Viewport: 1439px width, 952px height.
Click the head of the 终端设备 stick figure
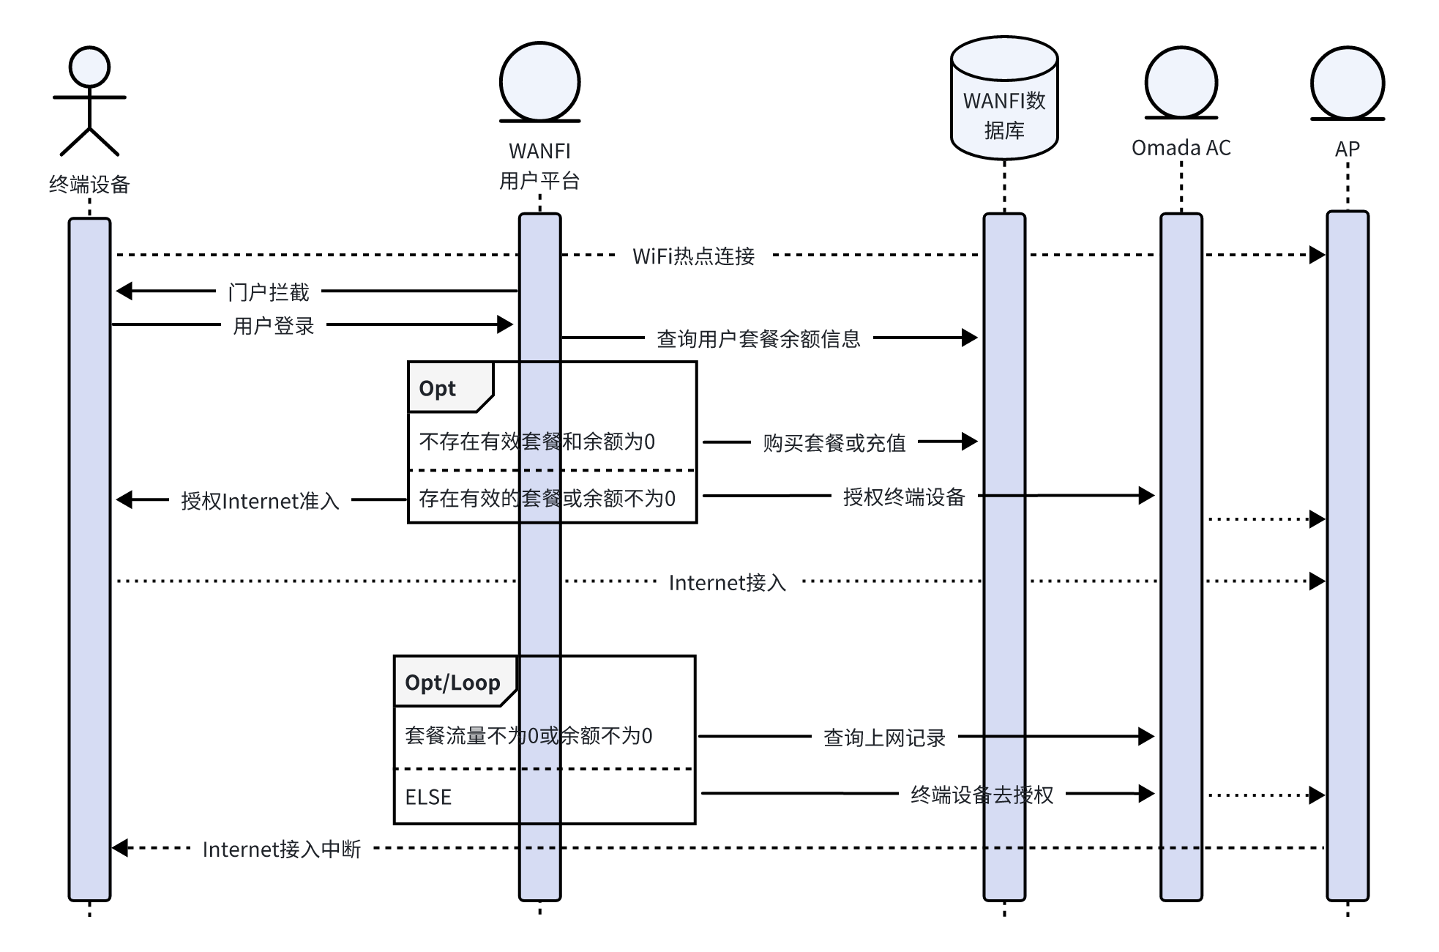[x=89, y=67]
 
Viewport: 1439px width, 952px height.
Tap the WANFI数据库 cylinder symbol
[x=1003, y=99]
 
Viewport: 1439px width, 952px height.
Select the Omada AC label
[x=1181, y=148]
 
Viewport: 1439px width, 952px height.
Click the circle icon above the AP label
[x=1347, y=83]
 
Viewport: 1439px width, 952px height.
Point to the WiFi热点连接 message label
[x=693, y=256]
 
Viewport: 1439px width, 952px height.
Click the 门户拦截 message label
[x=269, y=292]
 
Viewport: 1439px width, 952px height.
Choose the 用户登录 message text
[x=273, y=326]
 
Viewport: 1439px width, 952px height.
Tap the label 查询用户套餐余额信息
[x=758, y=339]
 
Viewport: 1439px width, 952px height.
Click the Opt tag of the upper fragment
[x=438, y=388]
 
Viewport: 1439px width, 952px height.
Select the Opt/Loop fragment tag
[x=452, y=683]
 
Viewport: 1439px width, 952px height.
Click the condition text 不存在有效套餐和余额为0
[x=537, y=442]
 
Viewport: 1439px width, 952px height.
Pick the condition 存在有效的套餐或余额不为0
[x=547, y=499]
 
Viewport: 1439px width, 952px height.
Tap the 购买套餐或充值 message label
[x=834, y=443]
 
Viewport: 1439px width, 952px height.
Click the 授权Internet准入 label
[x=260, y=501]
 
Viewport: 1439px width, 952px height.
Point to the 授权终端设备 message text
[x=903, y=497]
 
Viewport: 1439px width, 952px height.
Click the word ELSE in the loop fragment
[x=428, y=797]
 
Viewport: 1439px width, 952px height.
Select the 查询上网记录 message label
[x=884, y=737]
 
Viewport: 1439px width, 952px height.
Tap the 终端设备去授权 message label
[x=982, y=795]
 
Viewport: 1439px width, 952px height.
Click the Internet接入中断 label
[x=281, y=849]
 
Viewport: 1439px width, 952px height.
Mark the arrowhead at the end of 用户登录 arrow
[x=505, y=324]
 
